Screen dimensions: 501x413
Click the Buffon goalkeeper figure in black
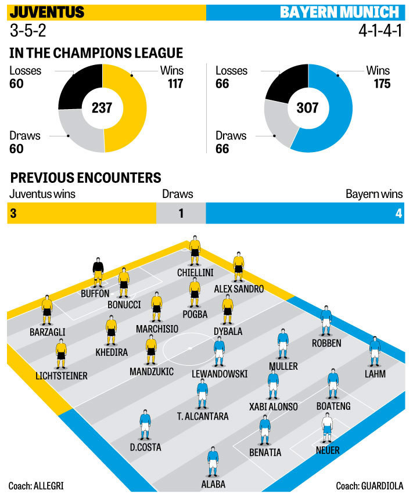point(98,271)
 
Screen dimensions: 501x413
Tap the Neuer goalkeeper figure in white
point(327,428)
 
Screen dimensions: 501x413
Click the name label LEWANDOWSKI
point(220,374)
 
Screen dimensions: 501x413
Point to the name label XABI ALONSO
point(273,406)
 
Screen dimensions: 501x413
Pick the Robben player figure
point(326,321)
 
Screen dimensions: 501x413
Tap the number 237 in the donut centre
point(102,107)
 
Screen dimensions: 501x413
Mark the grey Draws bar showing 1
point(181,213)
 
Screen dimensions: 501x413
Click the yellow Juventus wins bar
point(81,213)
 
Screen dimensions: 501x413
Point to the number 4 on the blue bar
point(398,213)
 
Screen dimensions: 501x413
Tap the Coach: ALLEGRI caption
point(36,485)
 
